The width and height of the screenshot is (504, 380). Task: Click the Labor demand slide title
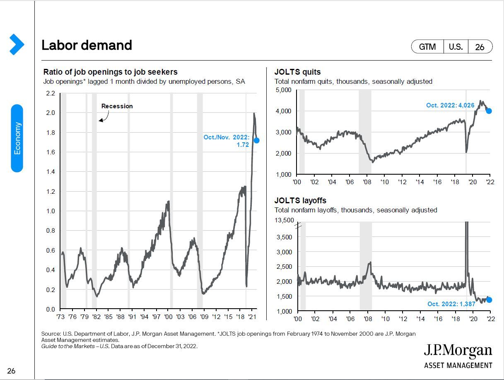[87, 45]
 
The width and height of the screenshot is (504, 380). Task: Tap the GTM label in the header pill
[427, 47]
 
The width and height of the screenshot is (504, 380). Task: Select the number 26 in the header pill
[480, 47]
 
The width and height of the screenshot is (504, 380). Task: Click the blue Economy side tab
[17, 138]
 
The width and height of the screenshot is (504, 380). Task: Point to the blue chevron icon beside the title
[16, 44]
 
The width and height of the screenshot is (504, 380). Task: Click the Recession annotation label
[117, 106]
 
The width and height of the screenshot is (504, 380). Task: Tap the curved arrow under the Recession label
[104, 117]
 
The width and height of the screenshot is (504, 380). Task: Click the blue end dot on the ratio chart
[256, 140]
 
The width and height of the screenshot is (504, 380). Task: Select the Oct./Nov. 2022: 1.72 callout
[227, 141]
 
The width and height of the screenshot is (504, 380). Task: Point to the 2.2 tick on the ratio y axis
[50, 93]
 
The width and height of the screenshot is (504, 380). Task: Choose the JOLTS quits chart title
[297, 72]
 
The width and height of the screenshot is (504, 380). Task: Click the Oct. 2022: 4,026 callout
[450, 105]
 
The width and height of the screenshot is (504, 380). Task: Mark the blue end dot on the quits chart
[489, 111]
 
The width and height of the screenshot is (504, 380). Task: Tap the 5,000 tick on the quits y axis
[283, 90]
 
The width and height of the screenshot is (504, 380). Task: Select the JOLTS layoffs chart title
[300, 201]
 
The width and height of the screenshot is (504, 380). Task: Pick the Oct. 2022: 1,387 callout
[451, 304]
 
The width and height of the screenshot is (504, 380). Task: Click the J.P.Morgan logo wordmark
[458, 351]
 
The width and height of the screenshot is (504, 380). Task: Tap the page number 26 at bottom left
[11, 371]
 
